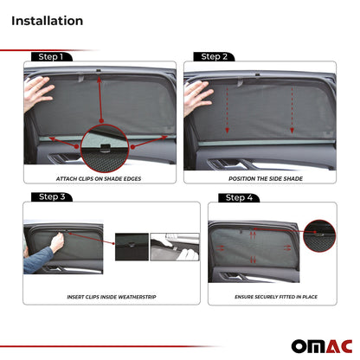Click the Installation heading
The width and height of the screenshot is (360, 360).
click(x=48, y=20)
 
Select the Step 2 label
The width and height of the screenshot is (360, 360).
click(x=214, y=57)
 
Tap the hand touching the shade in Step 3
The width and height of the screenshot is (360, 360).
click(x=56, y=243)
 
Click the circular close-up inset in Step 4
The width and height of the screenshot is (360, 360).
click(x=321, y=232)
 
